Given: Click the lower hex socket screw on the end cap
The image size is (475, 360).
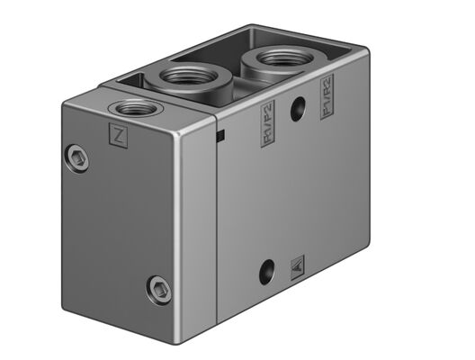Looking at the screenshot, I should [x=159, y=289].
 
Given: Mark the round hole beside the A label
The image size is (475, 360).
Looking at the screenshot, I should [x=266, y=269].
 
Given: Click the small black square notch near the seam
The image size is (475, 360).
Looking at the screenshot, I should [x=220, y=136].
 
